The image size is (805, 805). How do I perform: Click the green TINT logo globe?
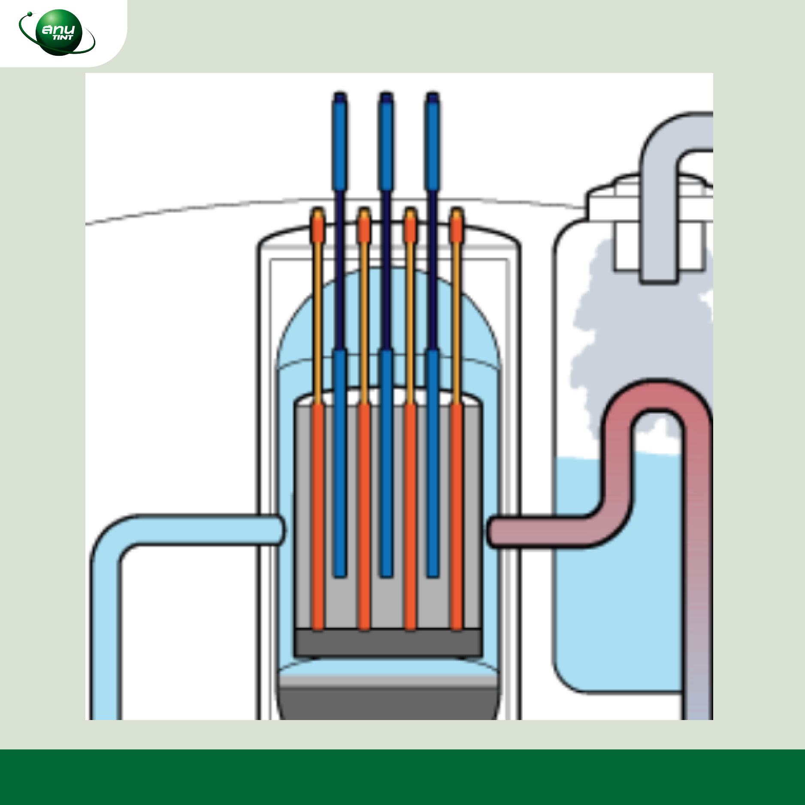point(58,32)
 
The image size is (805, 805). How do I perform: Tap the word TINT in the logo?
point(62,38)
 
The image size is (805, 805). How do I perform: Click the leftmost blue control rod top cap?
point(340,98)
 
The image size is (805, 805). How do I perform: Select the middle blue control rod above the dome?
point(386,142)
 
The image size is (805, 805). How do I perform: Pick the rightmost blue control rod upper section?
point(433,142)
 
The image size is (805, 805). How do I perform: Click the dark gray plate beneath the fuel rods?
point(388,642)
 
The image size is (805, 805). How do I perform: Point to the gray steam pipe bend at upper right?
point(663,137)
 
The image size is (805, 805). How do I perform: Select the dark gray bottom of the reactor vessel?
point(388,704)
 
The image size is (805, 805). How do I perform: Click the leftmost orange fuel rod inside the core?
point(318,515)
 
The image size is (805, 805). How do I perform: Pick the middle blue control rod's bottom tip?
point(386,573)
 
